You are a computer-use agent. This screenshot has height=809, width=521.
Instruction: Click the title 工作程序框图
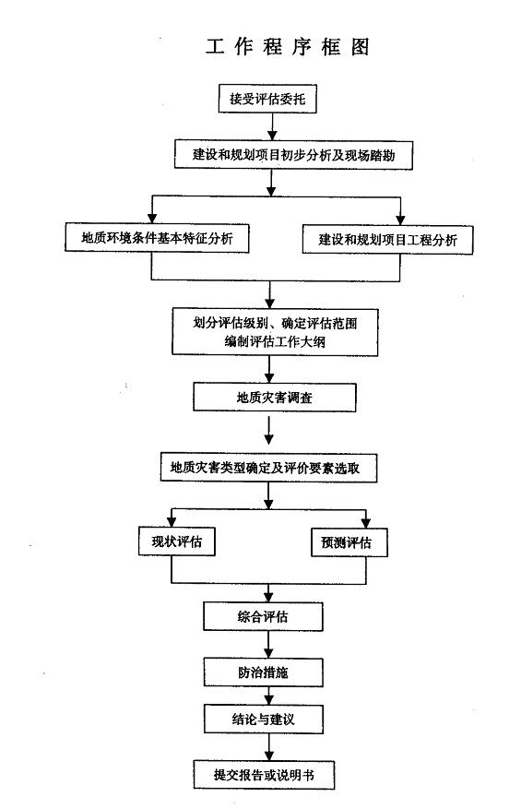click(x=288, y=46)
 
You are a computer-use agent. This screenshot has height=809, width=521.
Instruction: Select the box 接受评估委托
click(x=267, y=99)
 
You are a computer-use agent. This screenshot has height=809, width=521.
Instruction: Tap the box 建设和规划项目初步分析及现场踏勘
click(x=293, y=154)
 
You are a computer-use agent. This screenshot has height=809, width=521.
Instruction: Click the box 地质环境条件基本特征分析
click(x=157, y=237)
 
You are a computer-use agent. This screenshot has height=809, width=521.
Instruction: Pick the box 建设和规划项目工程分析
click(x=387, y=240)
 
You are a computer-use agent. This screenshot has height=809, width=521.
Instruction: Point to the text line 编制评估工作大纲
click(x=275, y=341)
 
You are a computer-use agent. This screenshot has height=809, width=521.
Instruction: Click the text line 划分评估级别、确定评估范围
click(x=275, y=323)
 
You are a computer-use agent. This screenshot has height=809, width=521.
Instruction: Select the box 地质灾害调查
click(x=275, y=398)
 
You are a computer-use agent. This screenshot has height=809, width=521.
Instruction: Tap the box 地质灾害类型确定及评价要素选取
click(x=268, y=468)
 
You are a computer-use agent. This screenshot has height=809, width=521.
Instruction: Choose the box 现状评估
click(x=176, y=541)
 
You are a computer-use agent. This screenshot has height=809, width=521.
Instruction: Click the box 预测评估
click(x=349, y=542)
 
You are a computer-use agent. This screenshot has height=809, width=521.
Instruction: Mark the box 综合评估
click(x=263, y=616)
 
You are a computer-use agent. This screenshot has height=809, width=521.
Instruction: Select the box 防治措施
click(x=263, y=672)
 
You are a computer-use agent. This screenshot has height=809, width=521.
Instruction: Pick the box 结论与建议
click(x=264, y=719)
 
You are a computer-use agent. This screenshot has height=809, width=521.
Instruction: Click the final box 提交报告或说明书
click(x=264, y=775)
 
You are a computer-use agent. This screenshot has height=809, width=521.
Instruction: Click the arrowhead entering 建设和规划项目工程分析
click(x=400, y=219)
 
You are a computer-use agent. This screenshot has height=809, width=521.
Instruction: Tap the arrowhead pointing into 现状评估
click(x=172, y=521)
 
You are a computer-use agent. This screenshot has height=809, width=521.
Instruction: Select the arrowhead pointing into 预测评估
click(x=366, y=523)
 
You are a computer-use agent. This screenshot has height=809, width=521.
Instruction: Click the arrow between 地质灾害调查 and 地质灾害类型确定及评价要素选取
click(x=268, y=430)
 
